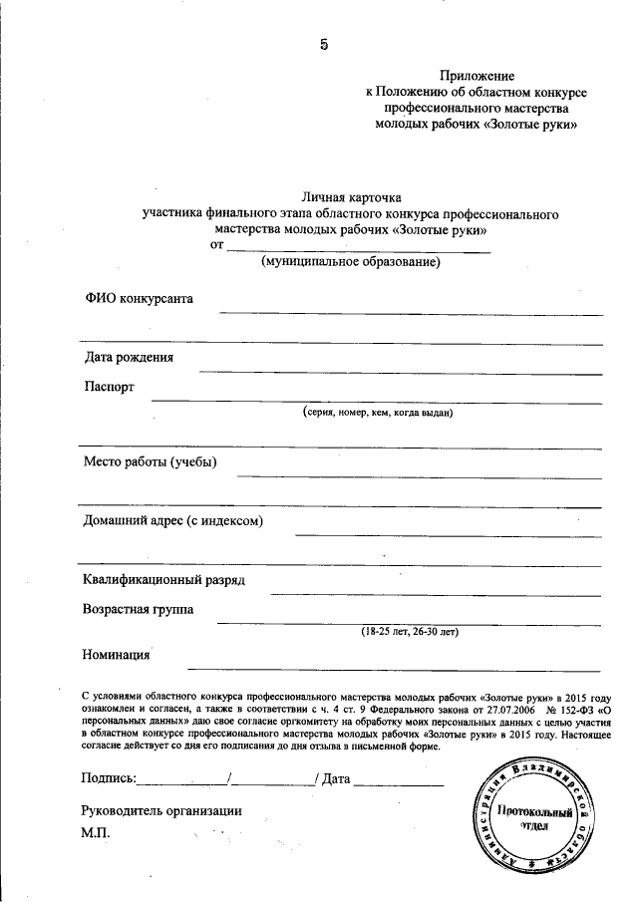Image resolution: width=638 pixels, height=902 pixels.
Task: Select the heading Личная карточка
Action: (x=349, y=197)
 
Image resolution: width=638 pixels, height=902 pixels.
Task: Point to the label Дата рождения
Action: (x=129, y=358)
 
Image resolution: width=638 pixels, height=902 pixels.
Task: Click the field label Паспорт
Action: (x=109, y=387)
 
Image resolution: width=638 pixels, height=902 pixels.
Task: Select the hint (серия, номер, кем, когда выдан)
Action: (x=379, y=412)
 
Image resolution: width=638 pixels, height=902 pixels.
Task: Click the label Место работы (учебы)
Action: (x=151, y=460)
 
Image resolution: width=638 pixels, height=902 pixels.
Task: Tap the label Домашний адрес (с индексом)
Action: (x=173, y=520)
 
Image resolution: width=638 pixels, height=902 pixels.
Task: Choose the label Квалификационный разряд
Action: (x=163, y=580)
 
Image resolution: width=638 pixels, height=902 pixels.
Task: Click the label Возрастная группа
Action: (x=139, y=609)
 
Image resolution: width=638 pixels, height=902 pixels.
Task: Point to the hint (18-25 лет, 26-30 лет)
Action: (x=409, y=632)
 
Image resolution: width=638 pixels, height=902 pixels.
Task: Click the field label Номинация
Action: (x=117, y=655)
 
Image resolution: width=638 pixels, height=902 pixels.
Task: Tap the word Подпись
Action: (x=107, y=777)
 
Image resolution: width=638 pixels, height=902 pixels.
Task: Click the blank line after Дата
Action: (x=398, y=782)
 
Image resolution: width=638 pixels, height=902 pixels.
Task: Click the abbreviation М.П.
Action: (x=99, y=831)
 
